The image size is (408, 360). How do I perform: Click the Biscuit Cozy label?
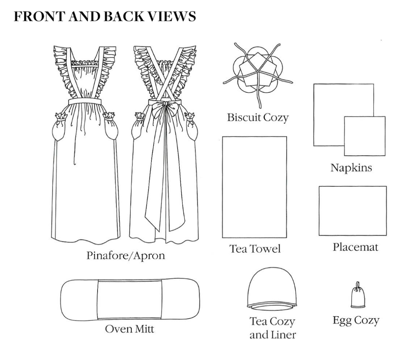pos(257,118)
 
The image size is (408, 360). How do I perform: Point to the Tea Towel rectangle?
pos(254,187)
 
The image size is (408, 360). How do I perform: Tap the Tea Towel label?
pos(253,249)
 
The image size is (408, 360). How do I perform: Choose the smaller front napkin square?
pos(365,136)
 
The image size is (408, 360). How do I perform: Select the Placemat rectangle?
pos(352,211)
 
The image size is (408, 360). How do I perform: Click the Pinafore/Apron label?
pos(126,255)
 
